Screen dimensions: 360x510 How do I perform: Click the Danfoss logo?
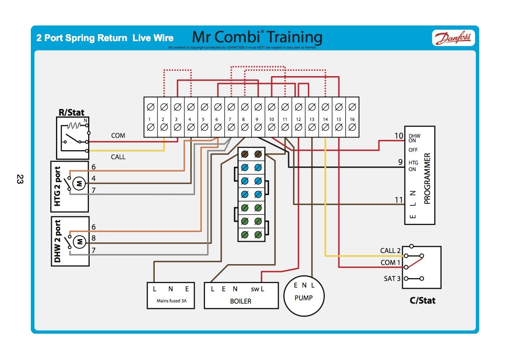coord(453,38)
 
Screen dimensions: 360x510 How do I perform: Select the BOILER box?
coord(241,295)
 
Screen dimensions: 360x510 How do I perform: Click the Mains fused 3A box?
coord(171,295)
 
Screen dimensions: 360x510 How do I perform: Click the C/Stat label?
coord(422,300)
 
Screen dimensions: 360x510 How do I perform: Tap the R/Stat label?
coord(72,112)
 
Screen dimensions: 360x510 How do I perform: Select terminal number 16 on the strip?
coord(352,119)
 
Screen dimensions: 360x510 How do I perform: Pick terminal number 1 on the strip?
coord(150,119)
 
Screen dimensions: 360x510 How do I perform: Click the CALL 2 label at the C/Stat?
coord(390,251)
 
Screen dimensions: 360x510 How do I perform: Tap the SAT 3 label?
coord(392,279)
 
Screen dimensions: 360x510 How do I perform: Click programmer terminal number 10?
coord(398,136)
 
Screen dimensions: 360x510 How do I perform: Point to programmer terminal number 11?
coord(398,200)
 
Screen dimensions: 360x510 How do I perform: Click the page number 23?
coord(20,179)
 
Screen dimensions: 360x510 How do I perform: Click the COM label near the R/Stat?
coord(118,135)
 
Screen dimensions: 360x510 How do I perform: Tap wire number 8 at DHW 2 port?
coord(93,238)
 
